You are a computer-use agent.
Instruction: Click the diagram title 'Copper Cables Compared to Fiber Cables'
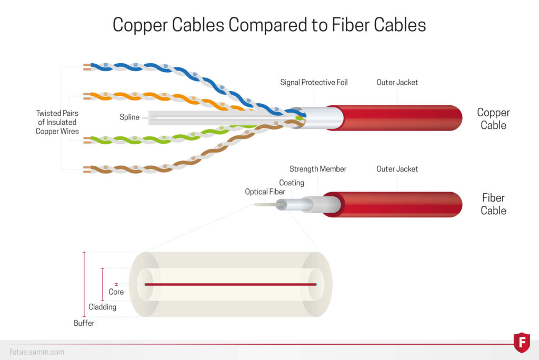[x=269, y=25]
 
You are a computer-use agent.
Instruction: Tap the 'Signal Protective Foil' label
[x=314, y=82]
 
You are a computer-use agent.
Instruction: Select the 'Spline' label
[x=129, y=117]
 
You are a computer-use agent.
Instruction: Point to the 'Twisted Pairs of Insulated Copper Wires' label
[x=57, y=122]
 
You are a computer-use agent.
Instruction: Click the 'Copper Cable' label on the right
[x=493, y=119]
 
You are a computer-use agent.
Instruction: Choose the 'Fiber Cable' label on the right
[x=493, y=204]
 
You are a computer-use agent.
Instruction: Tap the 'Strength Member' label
[x=318, y=169]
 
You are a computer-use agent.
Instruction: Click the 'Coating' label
[x=292, y=183]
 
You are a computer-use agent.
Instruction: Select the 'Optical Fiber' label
[x=265, y=192]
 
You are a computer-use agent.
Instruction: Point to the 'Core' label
[x=116, y=292]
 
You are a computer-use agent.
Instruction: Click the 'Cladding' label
[x=102, y=307]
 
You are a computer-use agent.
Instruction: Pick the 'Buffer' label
[x=84, y=323]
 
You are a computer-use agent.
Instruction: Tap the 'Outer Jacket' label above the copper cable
[x=397, y=82]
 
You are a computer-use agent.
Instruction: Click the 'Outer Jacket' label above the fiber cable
[x=397, y=169]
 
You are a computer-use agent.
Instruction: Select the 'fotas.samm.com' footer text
[x=37, y=352]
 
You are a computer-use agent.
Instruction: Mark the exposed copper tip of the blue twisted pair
[x=87, y=67]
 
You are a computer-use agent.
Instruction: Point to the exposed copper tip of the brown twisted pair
[x=87, y=169]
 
